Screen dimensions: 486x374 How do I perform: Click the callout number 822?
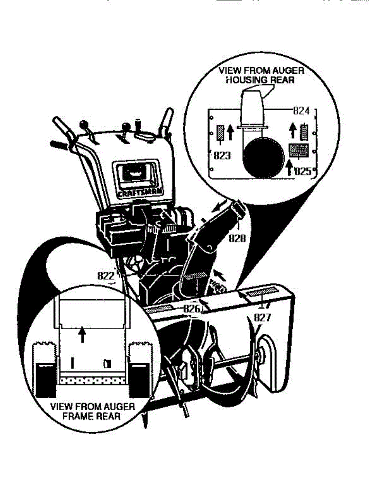[106, 276]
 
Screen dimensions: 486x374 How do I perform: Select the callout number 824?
[301, 111]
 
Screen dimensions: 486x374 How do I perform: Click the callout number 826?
[191, 309]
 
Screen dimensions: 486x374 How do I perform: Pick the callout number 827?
[262, 318]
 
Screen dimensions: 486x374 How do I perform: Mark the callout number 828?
[237, 238]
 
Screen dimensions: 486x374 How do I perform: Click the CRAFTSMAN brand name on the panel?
[137, 194]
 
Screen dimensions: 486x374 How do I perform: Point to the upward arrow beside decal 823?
[230, 132]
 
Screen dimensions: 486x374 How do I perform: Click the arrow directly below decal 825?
[289, 167]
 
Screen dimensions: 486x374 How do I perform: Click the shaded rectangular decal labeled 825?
[298, 150]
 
